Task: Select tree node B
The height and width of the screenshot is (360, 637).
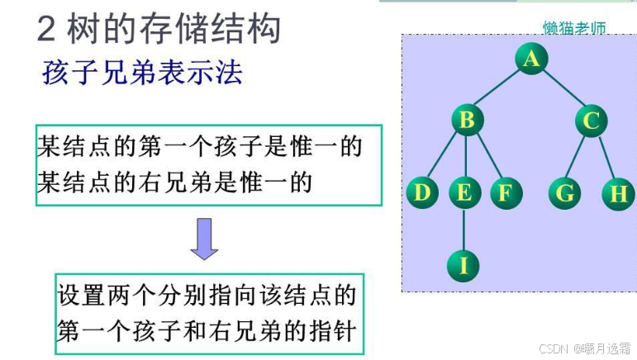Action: (x=467, y=121)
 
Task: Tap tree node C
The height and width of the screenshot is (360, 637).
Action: (x=591, y=121)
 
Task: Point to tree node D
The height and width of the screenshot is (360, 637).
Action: (x=422, y=193)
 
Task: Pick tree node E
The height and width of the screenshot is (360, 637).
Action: (x=464, y=193)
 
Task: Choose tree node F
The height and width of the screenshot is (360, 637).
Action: (x=505, y=193)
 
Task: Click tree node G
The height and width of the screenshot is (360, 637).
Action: (x=565, y=193)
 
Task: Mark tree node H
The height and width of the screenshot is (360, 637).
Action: (x=618, y=193)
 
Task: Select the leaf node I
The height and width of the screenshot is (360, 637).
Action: (x=463, y=265)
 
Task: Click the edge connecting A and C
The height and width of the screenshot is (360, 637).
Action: (x=562, y=90)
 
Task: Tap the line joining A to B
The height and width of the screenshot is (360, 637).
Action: (x=498, y=90)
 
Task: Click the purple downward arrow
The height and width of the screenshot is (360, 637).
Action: (x=204, y=239)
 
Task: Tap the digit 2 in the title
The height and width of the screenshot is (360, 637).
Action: (x=47, y=29)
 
